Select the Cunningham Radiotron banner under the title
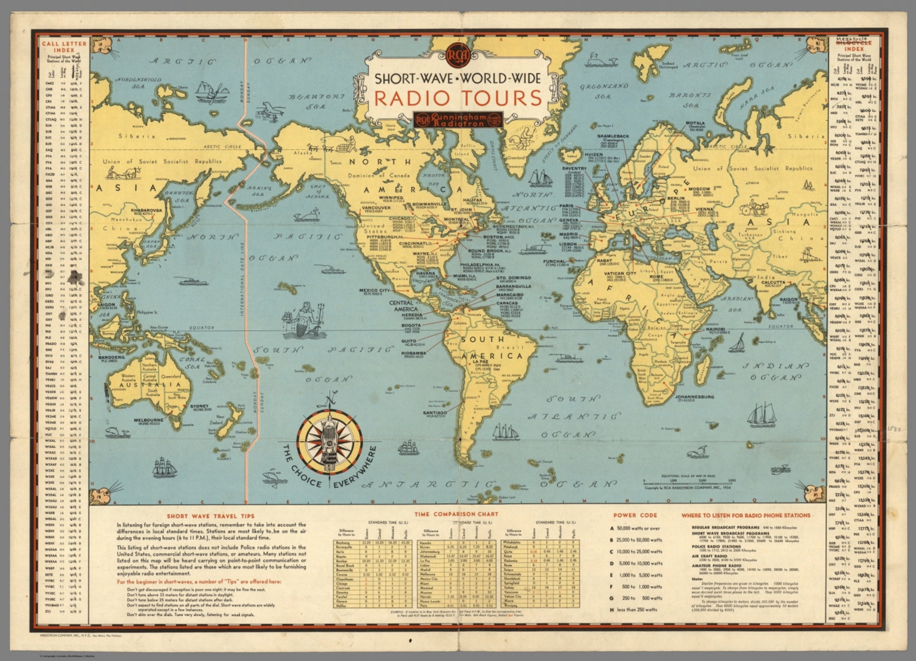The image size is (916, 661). click(458, 118)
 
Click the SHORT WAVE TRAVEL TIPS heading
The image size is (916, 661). click(211, 516)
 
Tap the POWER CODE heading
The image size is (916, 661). click(635, 516)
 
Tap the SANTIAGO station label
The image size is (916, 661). click(435, 412)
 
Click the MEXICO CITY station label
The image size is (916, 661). click(374, 290)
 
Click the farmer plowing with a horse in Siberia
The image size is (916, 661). click(122, 173)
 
